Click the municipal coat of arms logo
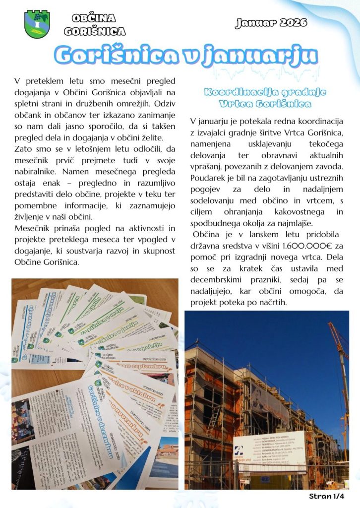pyautogui.click(x=37, y=24)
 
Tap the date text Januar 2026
pyautogui.click(x=271, y=23)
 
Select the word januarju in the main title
pyautogui.click(x=268, y=57)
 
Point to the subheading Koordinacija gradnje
pyautogui.click(x=257, y=92)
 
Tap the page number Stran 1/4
pyautogui.click(x=326, y=496)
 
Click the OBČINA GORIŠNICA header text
pyautogui.click(x=95, y=25)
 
